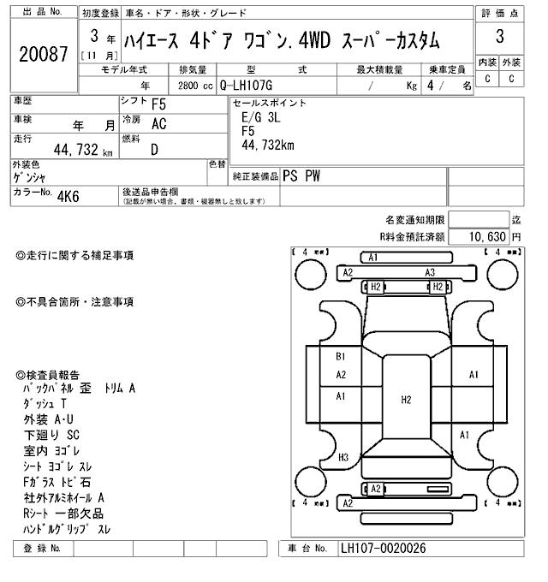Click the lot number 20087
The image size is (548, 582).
pyautogui.click(x=43, y=53)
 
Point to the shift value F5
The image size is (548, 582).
pyautogui.click(x=159, y=104)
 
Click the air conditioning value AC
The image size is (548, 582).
pyautogui.click(x=159, y=123)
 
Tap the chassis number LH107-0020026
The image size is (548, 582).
pyautogui.click(x=384, y=549)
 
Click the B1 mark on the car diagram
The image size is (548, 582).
pyautogui.click(x=340, y=356)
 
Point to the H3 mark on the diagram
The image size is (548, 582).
pyautogui.click(x=342, y=457)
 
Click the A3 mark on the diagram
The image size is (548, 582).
pyautogui.click(x=431, y=272)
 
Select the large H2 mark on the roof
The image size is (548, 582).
pyautogui.click(x=406, y=399)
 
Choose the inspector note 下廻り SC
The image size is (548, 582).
pyautogui.click(x=51, y=435)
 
